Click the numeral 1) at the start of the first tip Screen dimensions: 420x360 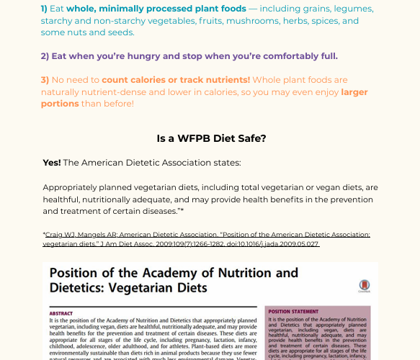(x=45, y=9)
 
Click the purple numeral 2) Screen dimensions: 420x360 (x=45, y=56)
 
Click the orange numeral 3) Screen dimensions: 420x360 (x=45, y=80)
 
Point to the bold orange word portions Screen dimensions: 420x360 (x=60, y=104)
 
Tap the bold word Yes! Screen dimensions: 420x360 (x=52, y=163)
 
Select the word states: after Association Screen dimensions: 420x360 (x=225, y=163)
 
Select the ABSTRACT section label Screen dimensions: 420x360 (x=61, y=313)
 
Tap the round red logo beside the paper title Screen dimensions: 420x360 (x=365, y=286)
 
